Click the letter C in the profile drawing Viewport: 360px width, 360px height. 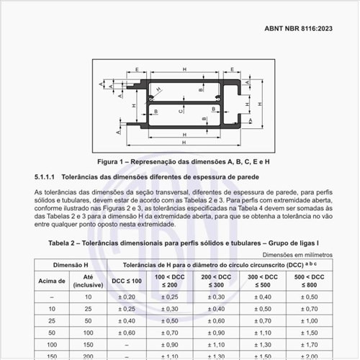click(181, 112)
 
